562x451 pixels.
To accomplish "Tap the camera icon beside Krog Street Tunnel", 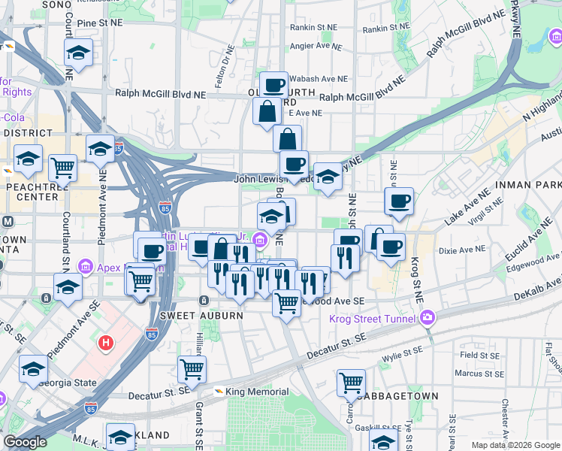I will [428, 318].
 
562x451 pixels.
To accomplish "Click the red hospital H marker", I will [106, 343].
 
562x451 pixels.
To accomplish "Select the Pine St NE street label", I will [99, 23].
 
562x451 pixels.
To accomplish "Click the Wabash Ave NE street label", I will [319, 78].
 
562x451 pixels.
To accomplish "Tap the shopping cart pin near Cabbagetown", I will [351, 383].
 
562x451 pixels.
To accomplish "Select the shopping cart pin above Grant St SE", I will [192, 369].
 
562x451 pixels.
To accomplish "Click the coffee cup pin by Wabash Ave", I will [274, 84].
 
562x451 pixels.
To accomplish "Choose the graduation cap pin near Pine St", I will [78, 52].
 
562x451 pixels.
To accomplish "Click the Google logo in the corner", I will [25, 442].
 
